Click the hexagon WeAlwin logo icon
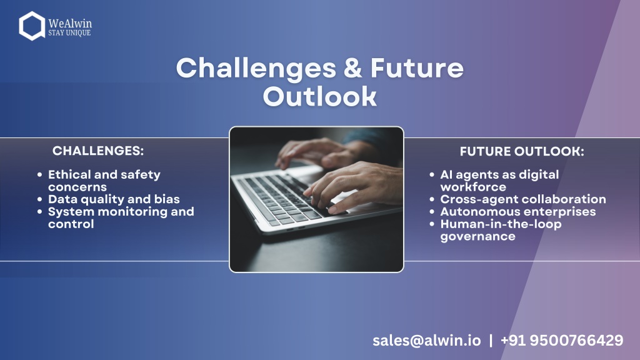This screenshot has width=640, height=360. point(32,26)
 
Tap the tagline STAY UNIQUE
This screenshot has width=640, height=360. point(69,32)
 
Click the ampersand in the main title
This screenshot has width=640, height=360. point(352,67)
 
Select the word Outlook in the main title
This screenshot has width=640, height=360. point(319,96)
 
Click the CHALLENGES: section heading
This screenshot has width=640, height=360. point(98,151)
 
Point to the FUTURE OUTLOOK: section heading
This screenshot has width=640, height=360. point(522,151)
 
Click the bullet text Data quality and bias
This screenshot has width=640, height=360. point(114,199)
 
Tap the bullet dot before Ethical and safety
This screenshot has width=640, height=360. point(39,175)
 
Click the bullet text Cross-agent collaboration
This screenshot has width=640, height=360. point(523,199)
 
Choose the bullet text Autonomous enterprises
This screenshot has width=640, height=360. point(518,212)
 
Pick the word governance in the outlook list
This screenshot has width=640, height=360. point(477,237)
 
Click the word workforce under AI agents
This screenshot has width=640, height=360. point(473,187)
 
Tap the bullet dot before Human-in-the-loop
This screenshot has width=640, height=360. point(432,224)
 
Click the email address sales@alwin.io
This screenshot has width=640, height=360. point(426,341)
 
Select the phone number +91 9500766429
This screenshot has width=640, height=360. point(562,341)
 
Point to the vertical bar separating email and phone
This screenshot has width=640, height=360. point(491,341)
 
